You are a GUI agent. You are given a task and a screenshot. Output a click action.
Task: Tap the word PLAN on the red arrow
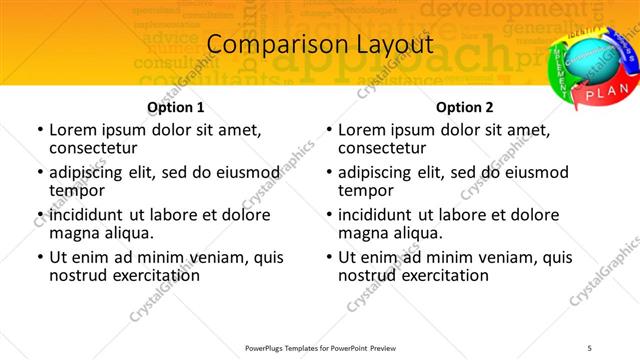point(606,93)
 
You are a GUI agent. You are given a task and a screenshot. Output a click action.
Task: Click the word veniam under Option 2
point(510,257)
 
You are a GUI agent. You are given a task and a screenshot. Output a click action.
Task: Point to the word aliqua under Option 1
point(129,233)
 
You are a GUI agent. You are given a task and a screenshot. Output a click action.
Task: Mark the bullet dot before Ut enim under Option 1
point(39,257)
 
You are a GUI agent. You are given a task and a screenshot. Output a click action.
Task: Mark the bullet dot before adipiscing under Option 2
point(328,173)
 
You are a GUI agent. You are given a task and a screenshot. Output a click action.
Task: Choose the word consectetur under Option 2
point(384,148)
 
